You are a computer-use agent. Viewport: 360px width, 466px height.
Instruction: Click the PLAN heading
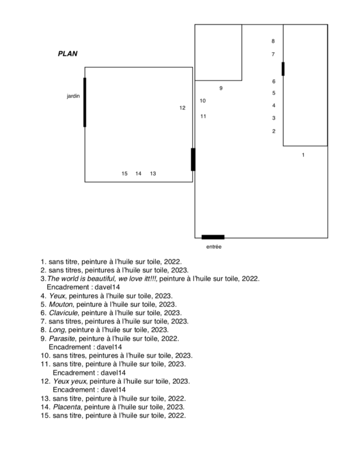click(67, 54)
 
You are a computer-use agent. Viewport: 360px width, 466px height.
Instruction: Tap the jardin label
click(73, 97)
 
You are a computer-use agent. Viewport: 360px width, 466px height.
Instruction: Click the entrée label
click(213, 247)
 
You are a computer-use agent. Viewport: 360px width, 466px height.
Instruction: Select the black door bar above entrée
click(213, 237)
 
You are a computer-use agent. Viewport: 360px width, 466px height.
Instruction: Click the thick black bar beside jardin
click(85, 102)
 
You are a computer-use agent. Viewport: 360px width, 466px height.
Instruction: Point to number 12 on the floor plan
click(182, 107)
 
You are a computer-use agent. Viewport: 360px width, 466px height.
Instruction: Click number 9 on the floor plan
click(221, 88)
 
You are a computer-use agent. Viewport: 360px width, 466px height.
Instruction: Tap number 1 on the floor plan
click(303, 155)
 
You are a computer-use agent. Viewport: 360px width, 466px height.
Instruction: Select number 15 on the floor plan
click(124, 173)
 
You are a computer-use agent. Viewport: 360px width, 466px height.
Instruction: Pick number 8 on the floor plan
click(273, 41)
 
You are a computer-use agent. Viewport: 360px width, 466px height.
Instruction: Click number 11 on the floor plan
click(203, 116)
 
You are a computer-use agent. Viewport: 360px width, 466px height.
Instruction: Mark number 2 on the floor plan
click(274, 131)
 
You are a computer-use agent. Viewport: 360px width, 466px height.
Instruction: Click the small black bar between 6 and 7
click(283, 69)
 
